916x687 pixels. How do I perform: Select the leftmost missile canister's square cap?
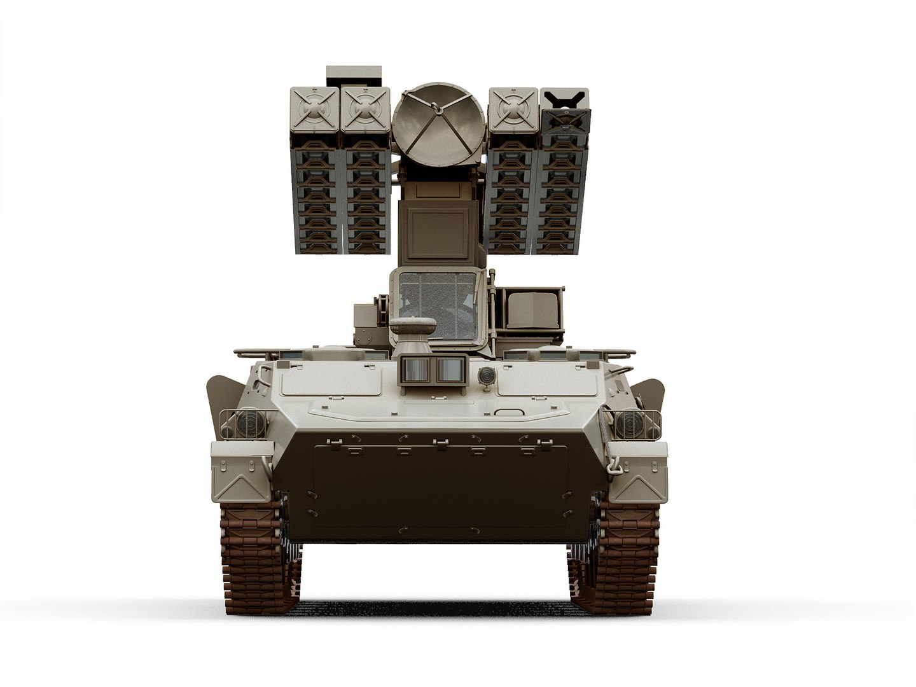click(314, 110)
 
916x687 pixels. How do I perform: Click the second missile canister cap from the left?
click(365, 110)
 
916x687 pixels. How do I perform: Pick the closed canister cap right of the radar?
click(513, 110)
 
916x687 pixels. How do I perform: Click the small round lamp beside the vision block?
click(487, 375)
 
